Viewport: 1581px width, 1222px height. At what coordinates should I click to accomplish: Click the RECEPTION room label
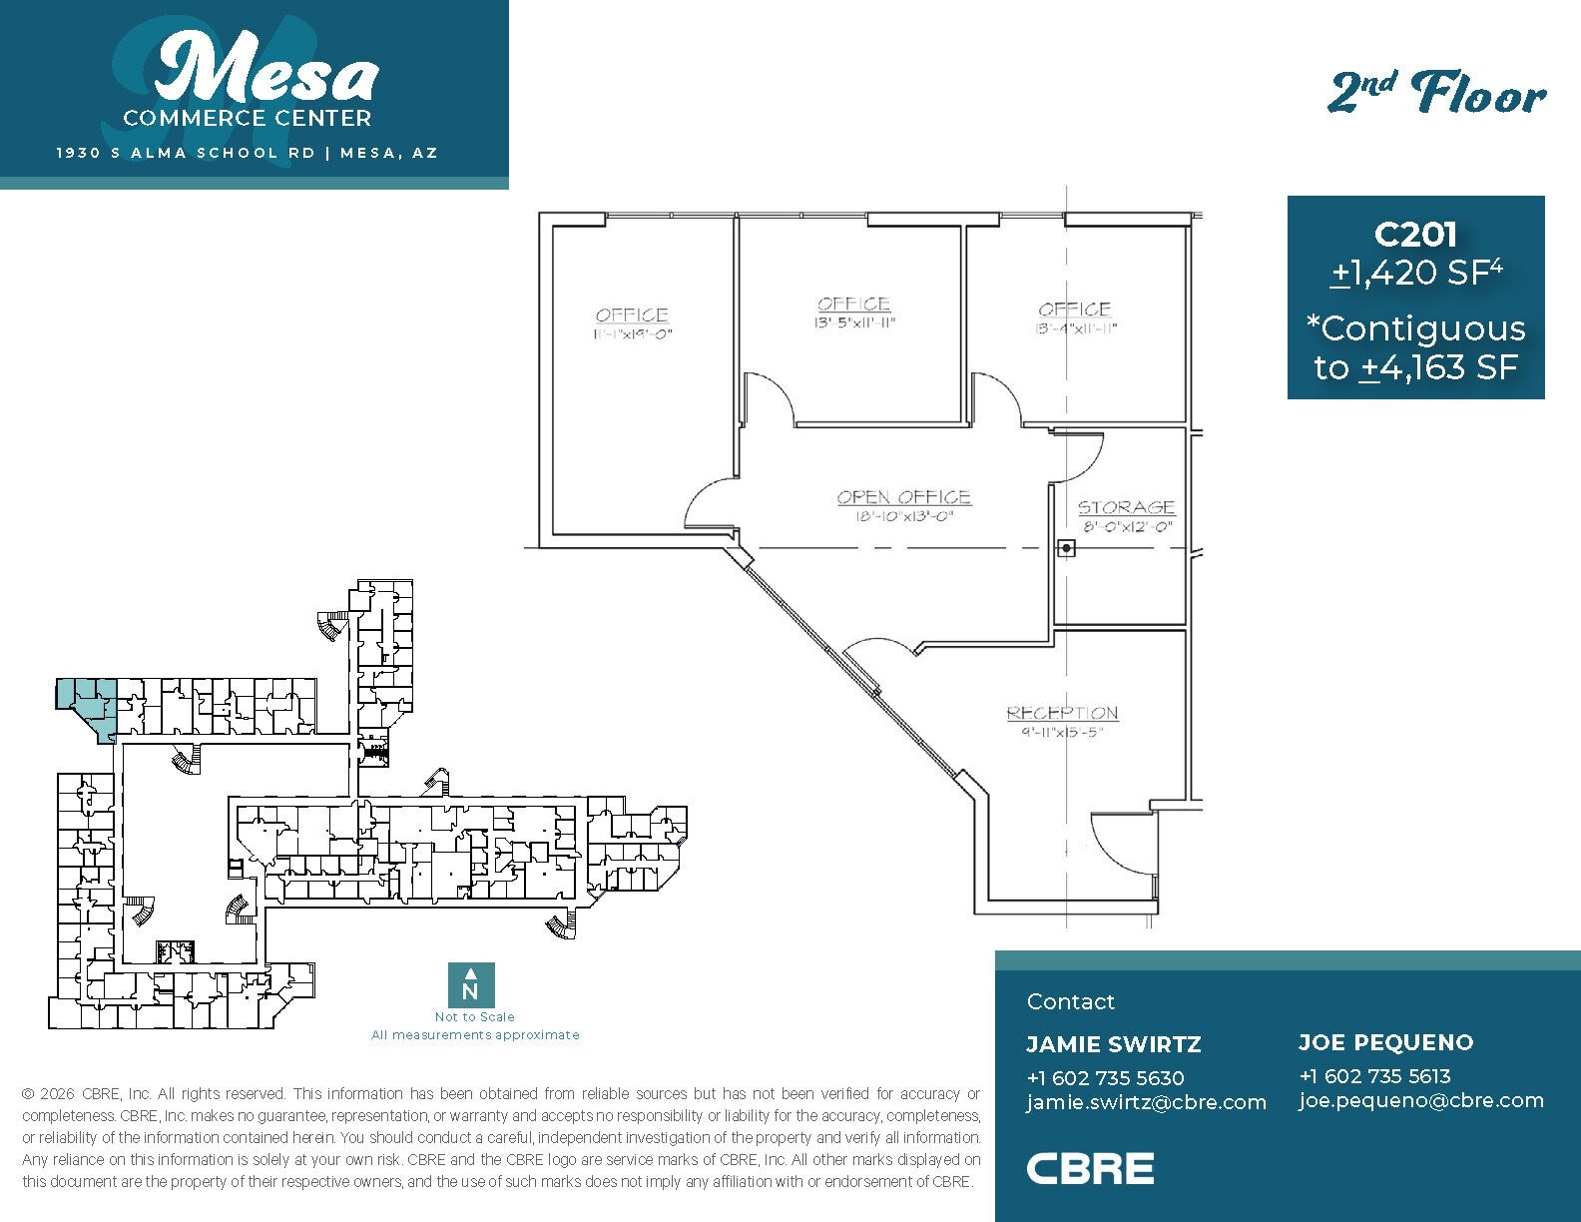[x=1062, y=713]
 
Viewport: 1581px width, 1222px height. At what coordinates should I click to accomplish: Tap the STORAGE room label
[x=1126, y=507]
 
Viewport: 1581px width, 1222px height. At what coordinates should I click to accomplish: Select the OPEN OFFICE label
[x=903, y=497]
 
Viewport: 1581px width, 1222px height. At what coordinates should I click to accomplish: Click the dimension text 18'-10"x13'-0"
[x=904, y=517]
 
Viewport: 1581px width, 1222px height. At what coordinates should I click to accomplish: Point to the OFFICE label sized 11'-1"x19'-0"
[x=632, y=315]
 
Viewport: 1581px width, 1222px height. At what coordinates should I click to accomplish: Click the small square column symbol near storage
[x=1066, y=548]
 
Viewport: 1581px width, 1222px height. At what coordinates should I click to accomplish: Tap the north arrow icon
[x=471, y=984]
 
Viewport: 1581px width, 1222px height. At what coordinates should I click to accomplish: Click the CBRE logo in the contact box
[x=1090, y=1168]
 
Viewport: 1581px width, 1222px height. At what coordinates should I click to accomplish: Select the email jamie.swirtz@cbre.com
[x=1146, y=1102]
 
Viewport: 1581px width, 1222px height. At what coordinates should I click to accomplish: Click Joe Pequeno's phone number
[x=1374, y=1076]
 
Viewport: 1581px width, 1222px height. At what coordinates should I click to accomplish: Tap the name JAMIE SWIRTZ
[x=1113, y=1044]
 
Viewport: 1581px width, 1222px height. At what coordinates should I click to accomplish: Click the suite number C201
[x=1415, y=235]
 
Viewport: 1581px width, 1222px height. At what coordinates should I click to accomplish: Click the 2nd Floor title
[x=1436, y=95]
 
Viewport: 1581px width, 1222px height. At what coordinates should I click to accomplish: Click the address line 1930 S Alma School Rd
[x=186, y=153]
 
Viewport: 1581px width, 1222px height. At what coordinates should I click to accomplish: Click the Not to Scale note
[x=474, y=1016]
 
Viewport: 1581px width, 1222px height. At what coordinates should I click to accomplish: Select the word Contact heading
[x=1070, y=1001]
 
